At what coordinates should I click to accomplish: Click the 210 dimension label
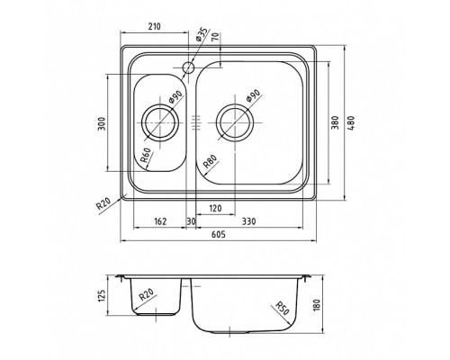155,26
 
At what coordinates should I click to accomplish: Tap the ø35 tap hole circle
189,67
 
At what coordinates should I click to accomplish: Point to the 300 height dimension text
103,123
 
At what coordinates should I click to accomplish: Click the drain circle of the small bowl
160,122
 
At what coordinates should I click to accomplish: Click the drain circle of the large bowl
235,122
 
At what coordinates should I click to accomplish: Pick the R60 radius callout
146,156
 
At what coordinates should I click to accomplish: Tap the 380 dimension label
335,122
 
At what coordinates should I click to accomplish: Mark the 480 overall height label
351,122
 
